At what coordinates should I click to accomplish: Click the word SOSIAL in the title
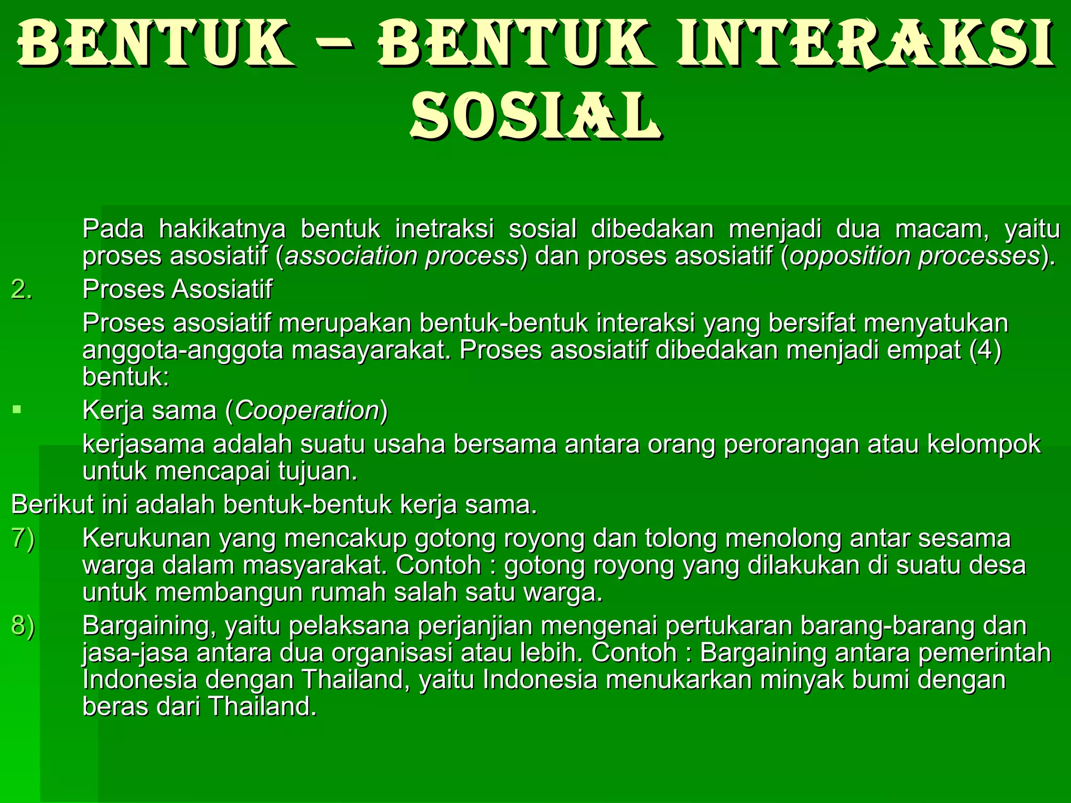pyautogui.click(x=536, y=116)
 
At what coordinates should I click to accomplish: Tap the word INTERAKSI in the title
pyautogui.click(x=865, y=45)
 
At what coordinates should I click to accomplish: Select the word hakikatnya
pyautogui.click(x=222, y=230)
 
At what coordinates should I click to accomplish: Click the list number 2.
pyautogui.click(x=21, y=290)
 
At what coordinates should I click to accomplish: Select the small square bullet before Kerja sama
pyautogui.click(x=17, y=409)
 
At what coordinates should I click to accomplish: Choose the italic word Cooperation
pyautogui.click(x=307, y=411)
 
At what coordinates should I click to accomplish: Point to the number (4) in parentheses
pyautogui.click(x=985, y=350)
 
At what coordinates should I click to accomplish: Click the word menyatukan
pyautogui.click(x=936, y=324)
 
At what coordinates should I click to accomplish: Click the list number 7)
pyautogui.click(x=23, y=539)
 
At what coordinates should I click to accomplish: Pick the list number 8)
pyautogui.click(x=23, y=626)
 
